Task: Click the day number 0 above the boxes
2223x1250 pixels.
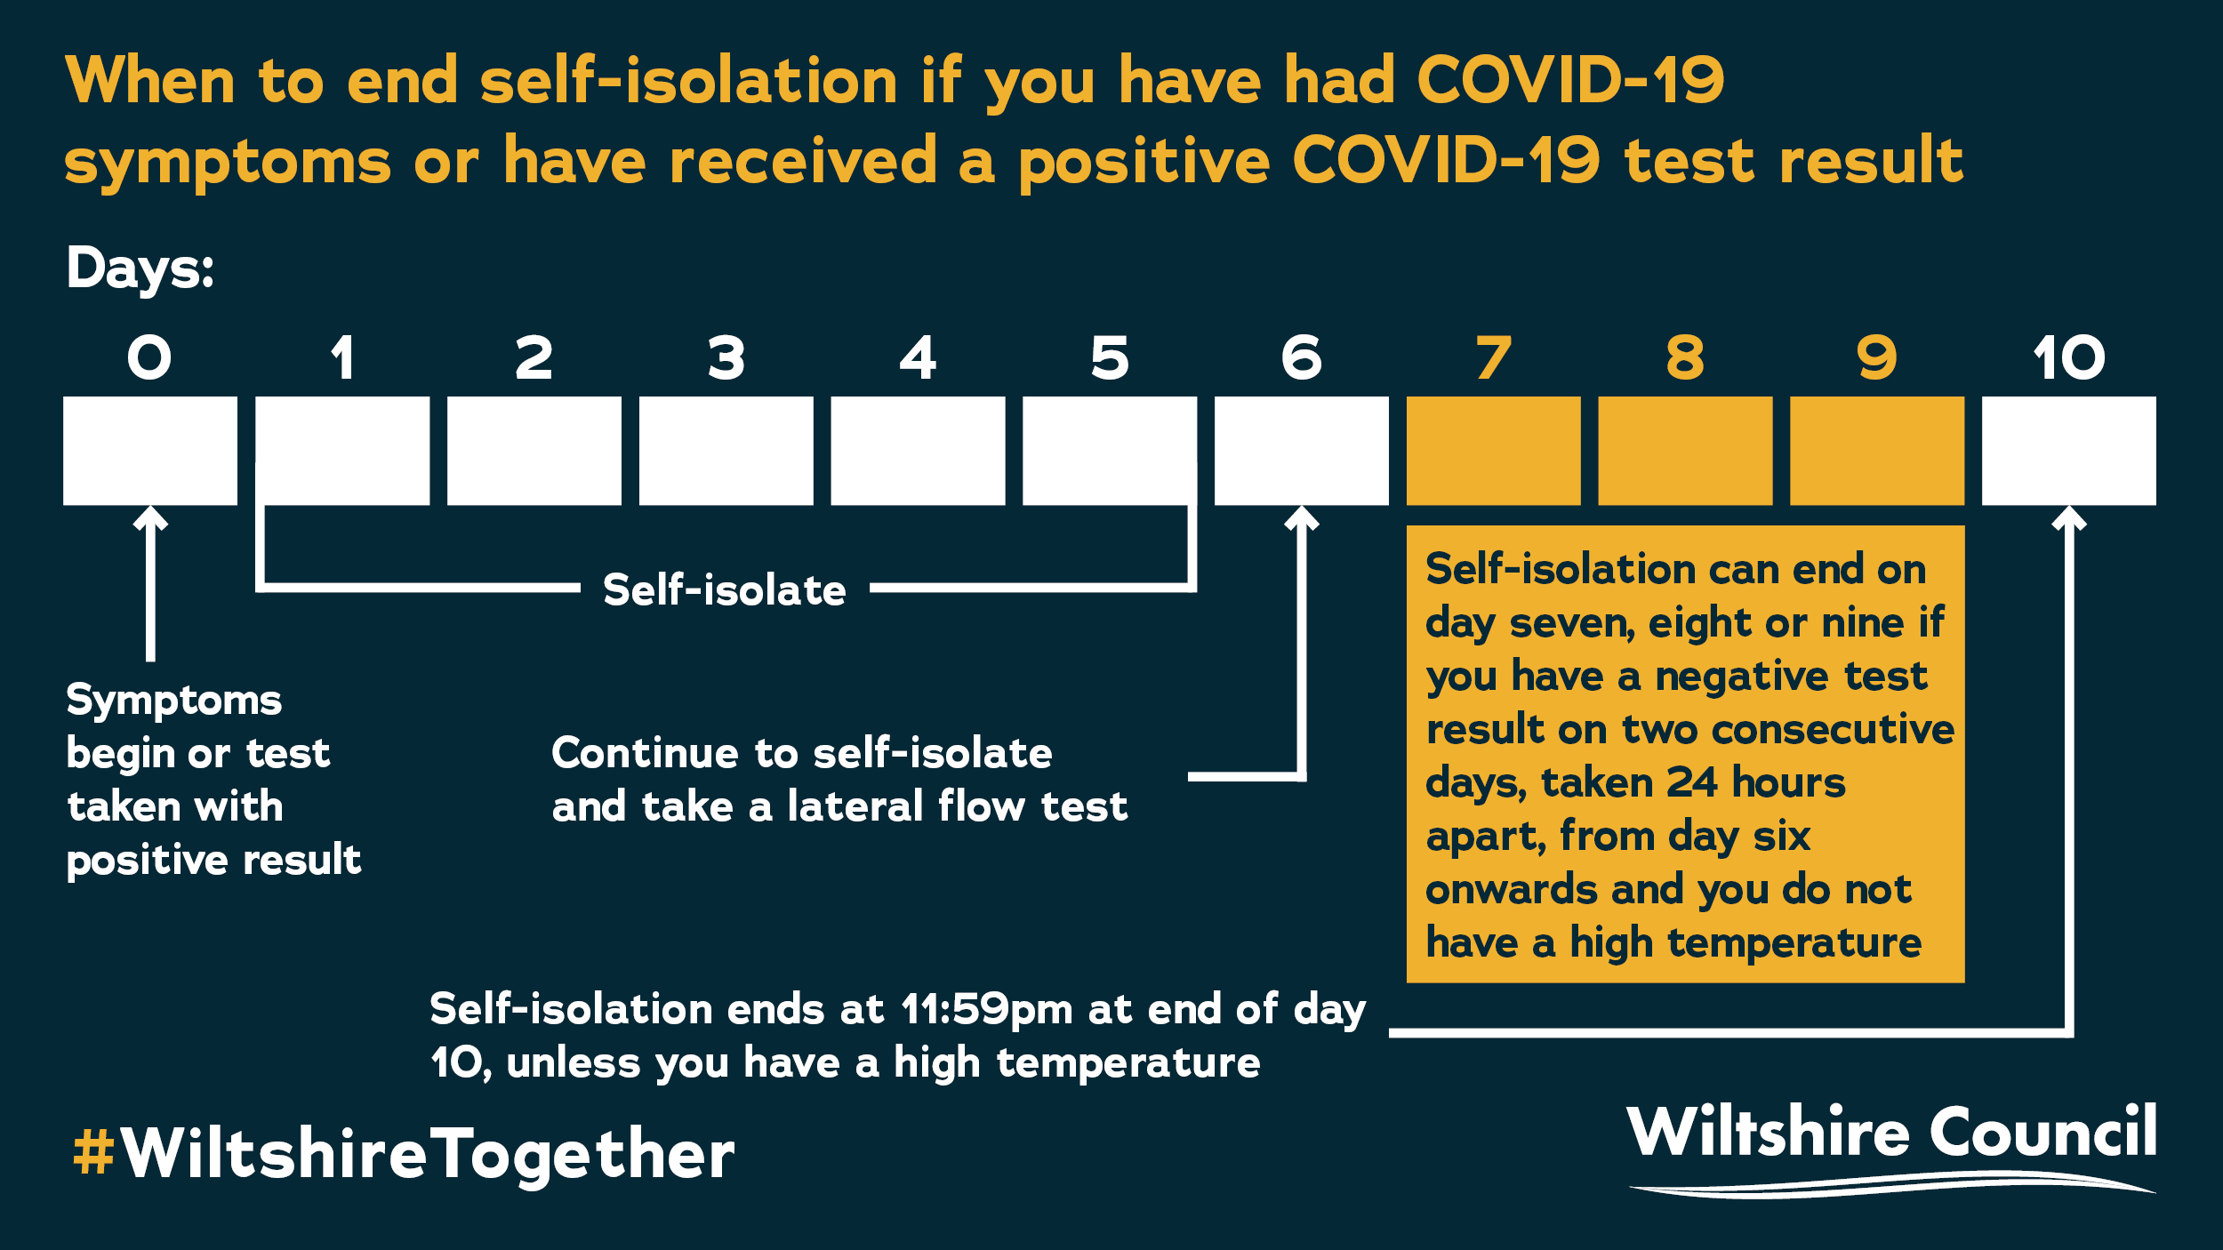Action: pyautogui.click(x=149, y=357)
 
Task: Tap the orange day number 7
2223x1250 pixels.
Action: pyautogui.click(x=1493, y=357)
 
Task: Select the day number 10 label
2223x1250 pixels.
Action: pyautogui.click(x=2068, y=357)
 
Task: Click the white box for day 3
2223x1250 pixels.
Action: pyautogui.click(x=726, y=451)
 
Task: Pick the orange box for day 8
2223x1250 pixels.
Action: pyautogui.click(x=1685, y=451)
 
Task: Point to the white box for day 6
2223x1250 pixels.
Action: pyautogui.click(x=1301, y=451)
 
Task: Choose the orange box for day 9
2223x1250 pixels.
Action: pyautogui.click(x=1877, y=451)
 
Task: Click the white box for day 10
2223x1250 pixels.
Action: pyautogui.click(x=2068, y=451)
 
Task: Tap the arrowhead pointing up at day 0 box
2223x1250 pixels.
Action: pyautogui.click(x=150, y=517)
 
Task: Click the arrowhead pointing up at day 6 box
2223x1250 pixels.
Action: pyautogui.click(x=1302, y=517)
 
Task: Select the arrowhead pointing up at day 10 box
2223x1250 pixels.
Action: pyautogui.click(x=2069, y=517)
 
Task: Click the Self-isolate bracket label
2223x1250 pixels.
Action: pyautogui.click(x=725, y=589)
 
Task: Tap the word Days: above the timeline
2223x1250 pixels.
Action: pyautogui.click(x=140, y=268)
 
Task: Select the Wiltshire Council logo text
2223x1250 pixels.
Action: pyautogui.click(x=1891, y=1132)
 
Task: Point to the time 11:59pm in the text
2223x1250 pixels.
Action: pyautogui.click(x=986, y=1009)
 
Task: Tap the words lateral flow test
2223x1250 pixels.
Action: pyautogui.click(x=957, y=806)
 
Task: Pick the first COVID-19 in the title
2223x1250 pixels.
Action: pyautogui.click(x=1570, y=80)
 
